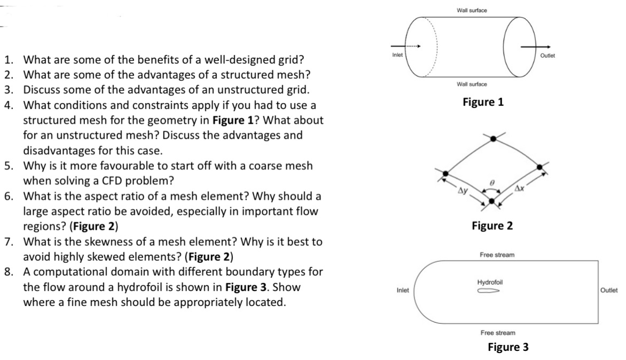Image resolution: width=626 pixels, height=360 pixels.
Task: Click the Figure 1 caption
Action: coord(483,101)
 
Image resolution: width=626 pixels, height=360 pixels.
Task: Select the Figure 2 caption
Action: coord(492,226)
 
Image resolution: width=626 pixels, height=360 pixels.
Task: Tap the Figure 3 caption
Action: coord(508,347)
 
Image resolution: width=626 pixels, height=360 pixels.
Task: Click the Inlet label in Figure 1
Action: coord(396,56)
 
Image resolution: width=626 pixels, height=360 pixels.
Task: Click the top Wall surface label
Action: coord(472,10)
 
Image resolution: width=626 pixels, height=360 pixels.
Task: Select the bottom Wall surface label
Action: coord(472,85)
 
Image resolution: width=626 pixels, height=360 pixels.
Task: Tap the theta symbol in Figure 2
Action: coord(493,183)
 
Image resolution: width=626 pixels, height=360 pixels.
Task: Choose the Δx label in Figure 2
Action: coord(521,189)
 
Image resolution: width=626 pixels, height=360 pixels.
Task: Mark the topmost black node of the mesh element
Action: coord(493,138)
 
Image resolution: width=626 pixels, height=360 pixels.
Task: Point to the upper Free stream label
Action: coord(497,255)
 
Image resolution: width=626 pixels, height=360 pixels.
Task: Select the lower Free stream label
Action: coord(497,332)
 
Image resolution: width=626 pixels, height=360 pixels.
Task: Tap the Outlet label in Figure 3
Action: coord(609,291)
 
